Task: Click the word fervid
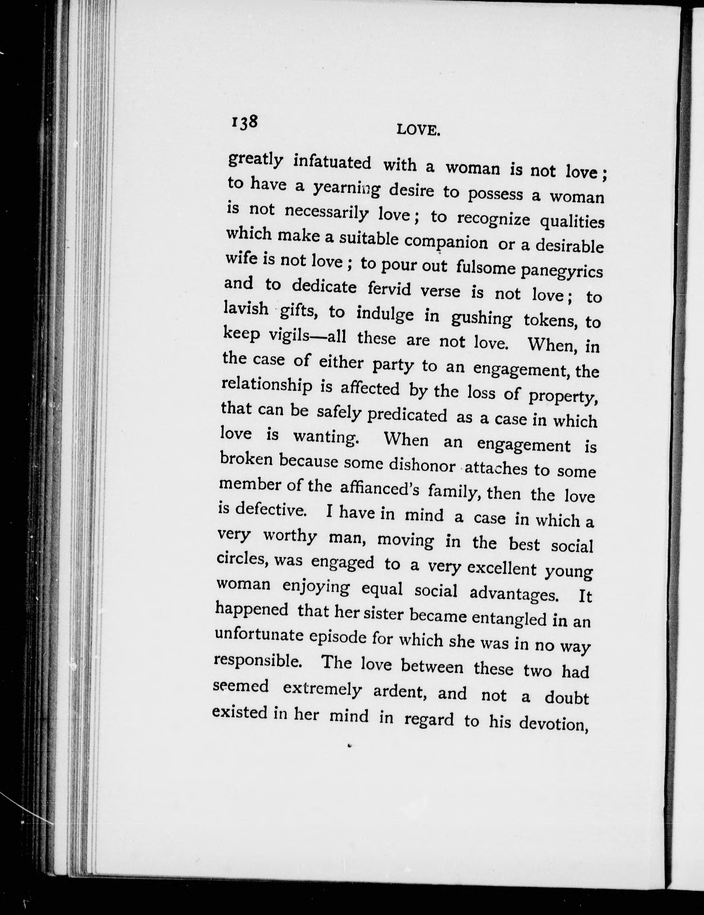[x=389, y=289]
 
